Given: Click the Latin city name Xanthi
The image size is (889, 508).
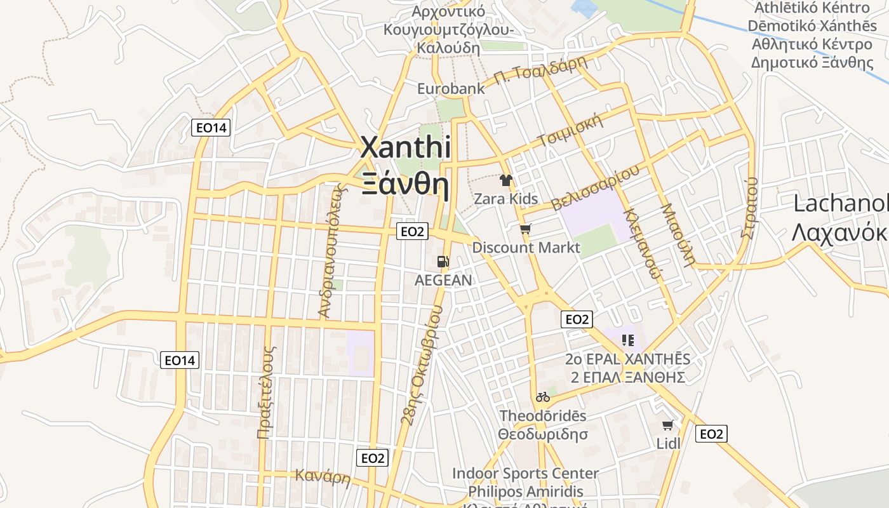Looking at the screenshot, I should pyautogui.click(x=406, y=148).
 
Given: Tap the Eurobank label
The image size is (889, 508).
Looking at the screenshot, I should pyautogui.click(x=451, y=88).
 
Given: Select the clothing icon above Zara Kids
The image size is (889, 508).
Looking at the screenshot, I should pyautogui.click(x=505, y=180).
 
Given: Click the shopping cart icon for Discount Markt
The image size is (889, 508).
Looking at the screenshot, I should pyautogui.click(x=525, y=229).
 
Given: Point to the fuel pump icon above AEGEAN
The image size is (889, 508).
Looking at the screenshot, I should pyautogui.click(x=443, y=262).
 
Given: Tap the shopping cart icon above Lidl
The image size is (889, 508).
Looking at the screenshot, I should pyautogui.click(x=667, y=425).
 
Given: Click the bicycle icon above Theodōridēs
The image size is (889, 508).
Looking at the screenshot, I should pyautogui.click(x=542, y=398).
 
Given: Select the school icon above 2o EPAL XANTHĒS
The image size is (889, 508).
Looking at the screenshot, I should pyautogui.click(x=628, y=340).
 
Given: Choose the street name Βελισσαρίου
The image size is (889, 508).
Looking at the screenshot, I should pyautogui.click(x=595, y=188).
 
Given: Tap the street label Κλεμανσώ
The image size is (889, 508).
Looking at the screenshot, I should pyautogui.click(x=644, y=243).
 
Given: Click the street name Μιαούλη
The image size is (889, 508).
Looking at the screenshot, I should pyautogui.click(x=677, y=234).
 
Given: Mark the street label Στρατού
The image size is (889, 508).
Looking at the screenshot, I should pyautogui.click(x=750, y=208).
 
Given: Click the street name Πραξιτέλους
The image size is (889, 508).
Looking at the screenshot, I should pyautogui.click(x=267, y=392).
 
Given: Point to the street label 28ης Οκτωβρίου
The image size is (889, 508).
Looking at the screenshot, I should pyautogui.click(x=422, y=364).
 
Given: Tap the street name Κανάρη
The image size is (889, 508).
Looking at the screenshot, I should pyautogui.click(x=323, y=476).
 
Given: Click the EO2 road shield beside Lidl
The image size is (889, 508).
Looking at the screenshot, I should pyautogui.click(x=711, y=434).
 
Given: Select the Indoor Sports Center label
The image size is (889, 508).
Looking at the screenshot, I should pyautogui.click(x=525, y=474).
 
